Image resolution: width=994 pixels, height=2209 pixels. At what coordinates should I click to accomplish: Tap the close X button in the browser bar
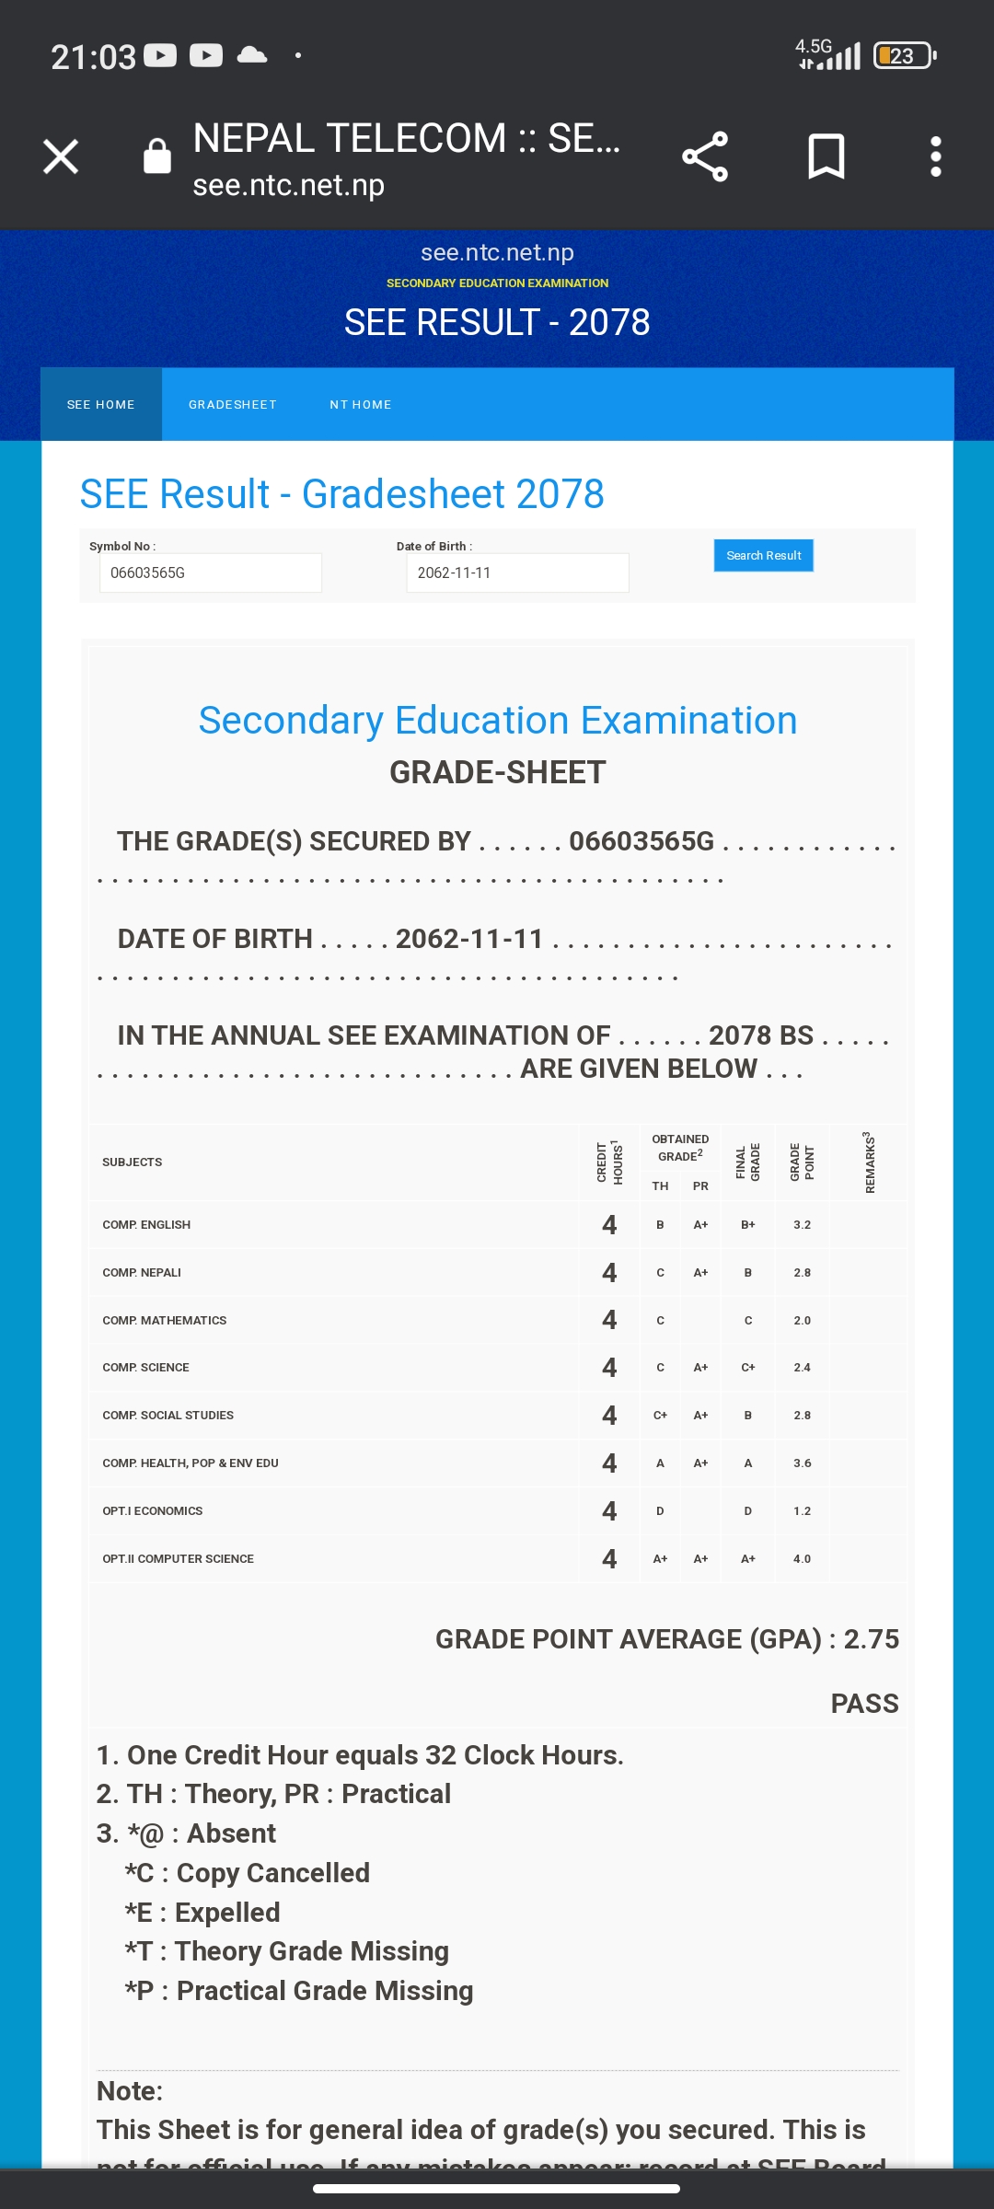61,156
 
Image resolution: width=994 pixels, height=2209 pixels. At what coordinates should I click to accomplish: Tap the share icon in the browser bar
705,156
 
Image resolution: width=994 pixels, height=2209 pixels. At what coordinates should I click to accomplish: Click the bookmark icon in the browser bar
826,156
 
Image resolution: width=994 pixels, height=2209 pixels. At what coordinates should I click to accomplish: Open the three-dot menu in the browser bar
935,156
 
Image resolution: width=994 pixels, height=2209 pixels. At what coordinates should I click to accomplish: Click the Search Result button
763,555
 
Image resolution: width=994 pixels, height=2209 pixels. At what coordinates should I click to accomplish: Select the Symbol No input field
211,572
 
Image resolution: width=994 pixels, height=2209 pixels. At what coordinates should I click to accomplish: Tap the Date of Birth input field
517,572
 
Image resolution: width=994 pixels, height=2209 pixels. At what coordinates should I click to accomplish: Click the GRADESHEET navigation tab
232,405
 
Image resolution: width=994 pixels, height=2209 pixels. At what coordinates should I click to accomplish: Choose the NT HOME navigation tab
361,405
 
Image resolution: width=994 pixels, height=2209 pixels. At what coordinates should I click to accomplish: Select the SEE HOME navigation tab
101,405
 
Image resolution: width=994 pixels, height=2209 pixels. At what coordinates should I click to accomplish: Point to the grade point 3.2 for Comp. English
802,1225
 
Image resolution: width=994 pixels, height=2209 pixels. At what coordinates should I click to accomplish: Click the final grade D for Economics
748,1511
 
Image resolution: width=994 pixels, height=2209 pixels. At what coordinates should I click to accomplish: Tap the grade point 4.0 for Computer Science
802,1559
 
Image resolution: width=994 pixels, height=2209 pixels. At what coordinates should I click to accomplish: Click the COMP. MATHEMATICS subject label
165,1321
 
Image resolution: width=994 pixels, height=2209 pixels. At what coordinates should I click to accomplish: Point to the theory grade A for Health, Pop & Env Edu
660,1463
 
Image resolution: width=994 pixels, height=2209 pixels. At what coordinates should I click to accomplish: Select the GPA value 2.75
871,1639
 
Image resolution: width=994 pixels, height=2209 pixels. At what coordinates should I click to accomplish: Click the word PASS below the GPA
864,1704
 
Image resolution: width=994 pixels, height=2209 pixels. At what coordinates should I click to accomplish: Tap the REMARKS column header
869,1162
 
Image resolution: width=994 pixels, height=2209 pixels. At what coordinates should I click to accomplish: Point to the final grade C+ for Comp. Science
748,1368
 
